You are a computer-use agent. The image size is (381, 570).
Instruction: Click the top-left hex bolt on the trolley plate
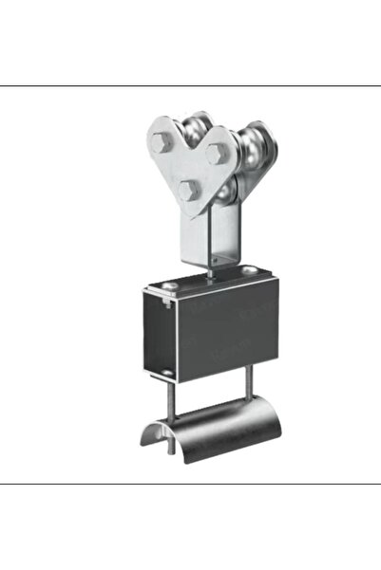161,142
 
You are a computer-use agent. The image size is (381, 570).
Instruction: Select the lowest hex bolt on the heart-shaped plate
188,190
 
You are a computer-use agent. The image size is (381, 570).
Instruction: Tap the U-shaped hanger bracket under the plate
211,237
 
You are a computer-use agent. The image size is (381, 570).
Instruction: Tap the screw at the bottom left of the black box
167,371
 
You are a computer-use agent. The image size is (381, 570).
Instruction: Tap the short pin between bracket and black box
210,273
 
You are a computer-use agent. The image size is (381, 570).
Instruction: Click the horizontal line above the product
190,85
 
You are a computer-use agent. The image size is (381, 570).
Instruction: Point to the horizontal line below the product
190,484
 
